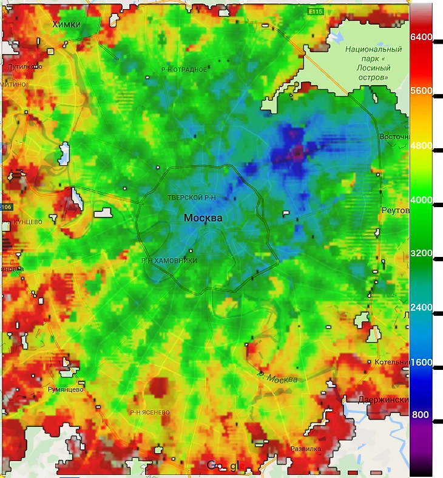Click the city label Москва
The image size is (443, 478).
pyautogui.click(x=203, y=218)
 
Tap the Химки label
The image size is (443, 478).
pyautogui.click(x=67, y=24)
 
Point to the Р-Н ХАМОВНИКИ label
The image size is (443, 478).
pyautogui.click(x=169, y=261)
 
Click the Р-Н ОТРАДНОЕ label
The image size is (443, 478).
pyautogui.click(x=184, y=70)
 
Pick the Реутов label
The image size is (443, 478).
pyautogui.click(x=395, y=210)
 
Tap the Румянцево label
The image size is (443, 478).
pyautogui.click(x=65, y=390)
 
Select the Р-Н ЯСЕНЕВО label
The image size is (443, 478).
pyautogui.click(x=149, y=412)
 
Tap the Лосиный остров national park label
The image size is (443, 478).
pyautogui.click(x=373, y=60)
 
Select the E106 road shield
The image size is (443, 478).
pyautogui.click(x=5, y=207)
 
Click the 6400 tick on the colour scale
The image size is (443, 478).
pyautogui.click(x=421, y=37)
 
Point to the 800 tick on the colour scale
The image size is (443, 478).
pyautogui.click(x=421, y=415)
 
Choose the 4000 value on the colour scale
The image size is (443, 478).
pyautogui.click(x=421, y=199)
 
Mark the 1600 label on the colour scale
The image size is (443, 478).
pyautogui.click(x=421, y=362)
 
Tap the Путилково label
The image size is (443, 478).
pyautogui.click(x=24, y=66)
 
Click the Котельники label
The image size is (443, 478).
pyautogui.click(x=391, y=362)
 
